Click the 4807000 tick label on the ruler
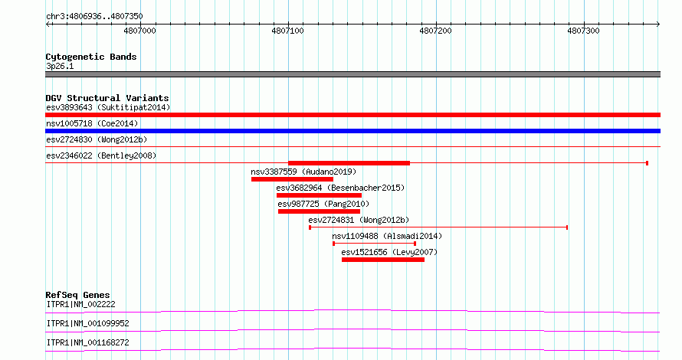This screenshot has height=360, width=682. coord(139,31)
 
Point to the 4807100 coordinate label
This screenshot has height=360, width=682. coord(287,31)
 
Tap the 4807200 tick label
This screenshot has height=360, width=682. coord(435,31)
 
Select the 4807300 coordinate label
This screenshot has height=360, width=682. coord(583,31)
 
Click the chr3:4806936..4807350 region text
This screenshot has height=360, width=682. coord(94,16)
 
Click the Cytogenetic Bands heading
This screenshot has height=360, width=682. coord(91,57)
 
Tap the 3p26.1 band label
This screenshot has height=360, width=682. coord(60,66)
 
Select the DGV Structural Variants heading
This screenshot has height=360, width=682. coord(107,98)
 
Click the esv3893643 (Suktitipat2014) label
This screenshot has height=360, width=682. coord(108,107)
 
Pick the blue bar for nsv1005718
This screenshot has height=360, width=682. coord(352,131)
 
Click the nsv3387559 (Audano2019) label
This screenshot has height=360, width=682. coord(303,172)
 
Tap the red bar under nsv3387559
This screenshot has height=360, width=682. coord(292,179)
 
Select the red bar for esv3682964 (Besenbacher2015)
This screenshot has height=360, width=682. coord(319,195)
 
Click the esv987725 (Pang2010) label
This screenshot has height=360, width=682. coord(323,204)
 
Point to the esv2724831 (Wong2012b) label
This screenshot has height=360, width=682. coord(359,220)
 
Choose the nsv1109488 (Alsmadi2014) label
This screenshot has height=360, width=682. coord(387,236)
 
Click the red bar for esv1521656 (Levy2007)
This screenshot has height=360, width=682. coord(383,260)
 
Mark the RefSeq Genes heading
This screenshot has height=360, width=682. coord(78,295)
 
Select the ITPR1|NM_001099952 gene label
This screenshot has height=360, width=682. coord(88,323)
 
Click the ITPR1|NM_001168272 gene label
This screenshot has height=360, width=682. coord(88,342)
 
